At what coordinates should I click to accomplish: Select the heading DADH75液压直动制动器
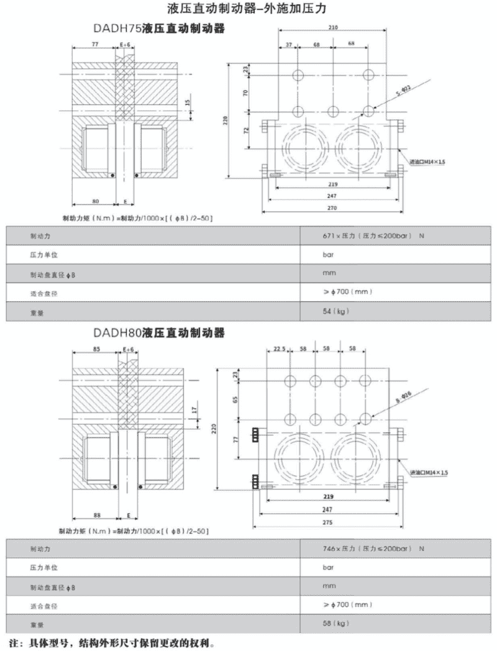pos(157,29)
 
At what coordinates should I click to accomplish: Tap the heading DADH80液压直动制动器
pos(157,334)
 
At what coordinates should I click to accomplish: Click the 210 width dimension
pos(333,29)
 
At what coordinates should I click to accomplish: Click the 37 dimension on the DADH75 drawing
pos(289,45)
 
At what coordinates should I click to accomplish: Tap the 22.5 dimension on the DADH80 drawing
pos(279,350)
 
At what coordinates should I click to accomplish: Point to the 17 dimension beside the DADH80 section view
pos(194,410)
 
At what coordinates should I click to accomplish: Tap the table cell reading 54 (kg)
pos(335,311)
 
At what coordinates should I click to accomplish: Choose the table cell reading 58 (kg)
pos(335,622)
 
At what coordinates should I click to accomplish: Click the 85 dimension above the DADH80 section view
pos(95,350)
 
